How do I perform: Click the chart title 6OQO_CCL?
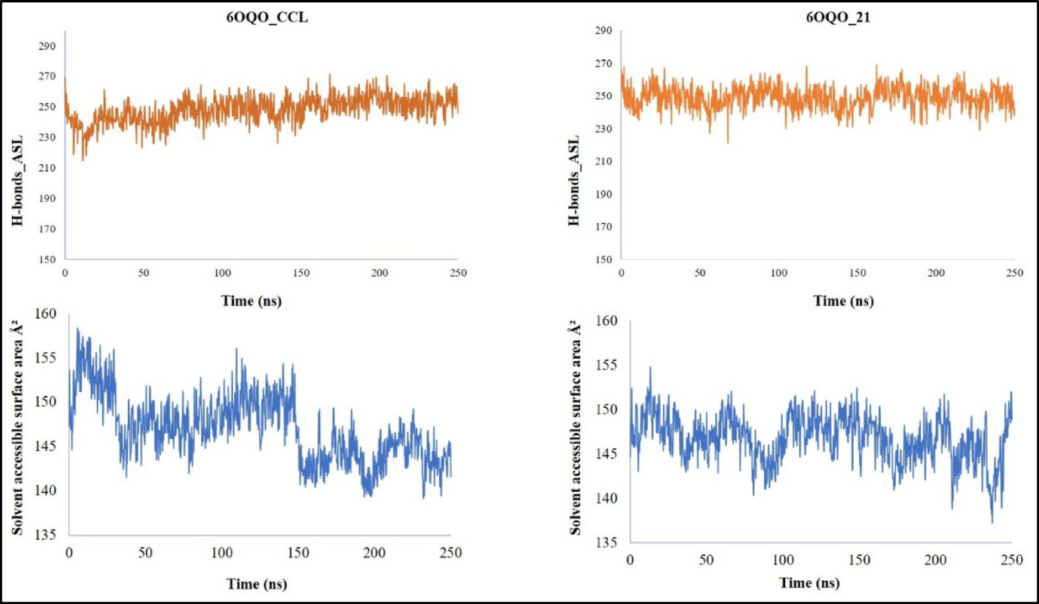pos(267,17)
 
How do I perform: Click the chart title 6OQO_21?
pos(838,17)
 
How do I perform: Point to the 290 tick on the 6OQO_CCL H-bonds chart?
pos(47,46)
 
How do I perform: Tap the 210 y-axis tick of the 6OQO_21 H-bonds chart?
pos(603,161)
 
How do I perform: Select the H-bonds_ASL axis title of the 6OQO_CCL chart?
pos(17,180)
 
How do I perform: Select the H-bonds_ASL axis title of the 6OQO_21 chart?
pos(574,180)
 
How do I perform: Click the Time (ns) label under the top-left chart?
pos(251,301)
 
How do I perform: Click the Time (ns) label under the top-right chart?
pos(843,301)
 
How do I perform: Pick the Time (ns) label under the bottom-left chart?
pos(257,584)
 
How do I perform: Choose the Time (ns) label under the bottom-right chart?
pos(809,583)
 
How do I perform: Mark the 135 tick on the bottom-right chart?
pos(605,542)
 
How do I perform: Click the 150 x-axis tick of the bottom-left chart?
pos(298,553)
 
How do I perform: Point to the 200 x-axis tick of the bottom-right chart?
pos(935,560)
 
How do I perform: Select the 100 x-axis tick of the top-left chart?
pos(223,273)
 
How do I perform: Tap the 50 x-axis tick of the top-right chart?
pos(700,273)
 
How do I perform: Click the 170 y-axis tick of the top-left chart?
pos(47,229)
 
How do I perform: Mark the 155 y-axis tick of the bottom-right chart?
pos(605,365)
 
